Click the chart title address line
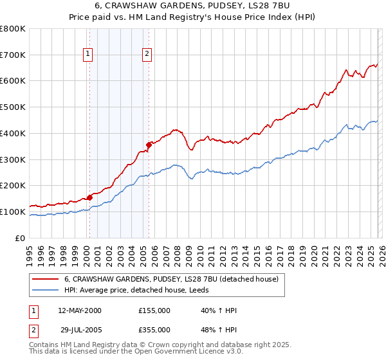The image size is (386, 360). pyautogui.click(x=192, y=6)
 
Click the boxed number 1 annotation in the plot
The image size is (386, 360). pyautogui.click(x=87, y=54)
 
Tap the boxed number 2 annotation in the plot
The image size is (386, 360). pyautogui.click(x=147, y=54)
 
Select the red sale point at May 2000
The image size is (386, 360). pyautogui.click(x=89, y=197)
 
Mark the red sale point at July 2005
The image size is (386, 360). pyautogui.click(x=149, y=145)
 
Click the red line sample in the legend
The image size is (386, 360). pyautogui.click(x=46, y=280)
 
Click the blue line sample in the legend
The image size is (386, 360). pyautogui.click(x=46, y=290)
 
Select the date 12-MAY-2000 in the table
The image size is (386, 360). pyautogui.click(x=80, y=310)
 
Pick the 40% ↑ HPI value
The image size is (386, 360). pyautogui.click(x=219, y=310)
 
